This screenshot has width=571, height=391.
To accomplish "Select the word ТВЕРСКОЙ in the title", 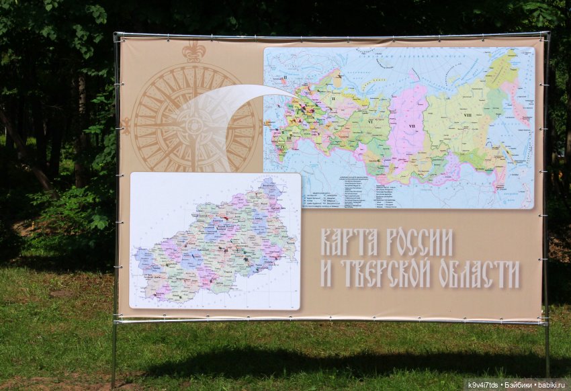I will tap(386, 273).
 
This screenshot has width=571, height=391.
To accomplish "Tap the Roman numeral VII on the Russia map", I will tap(411, 126).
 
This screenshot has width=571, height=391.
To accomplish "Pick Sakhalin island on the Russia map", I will tap(500, 165).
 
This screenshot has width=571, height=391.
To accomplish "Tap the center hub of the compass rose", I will tap(194, 126).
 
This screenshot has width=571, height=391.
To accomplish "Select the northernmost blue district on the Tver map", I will tap(269, 187).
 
